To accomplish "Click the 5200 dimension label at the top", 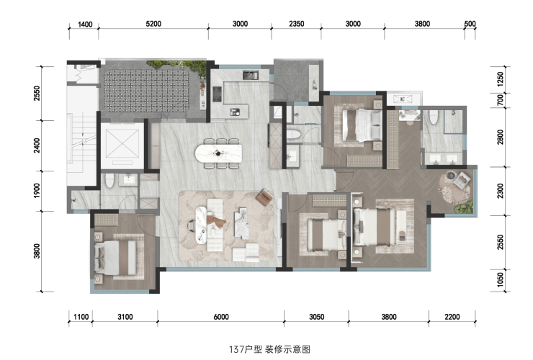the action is point(153,24).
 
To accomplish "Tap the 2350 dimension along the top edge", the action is point(297,24).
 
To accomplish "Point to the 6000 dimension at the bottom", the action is point(221,317).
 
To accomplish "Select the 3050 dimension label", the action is point(316,317).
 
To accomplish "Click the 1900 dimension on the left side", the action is point(37,191).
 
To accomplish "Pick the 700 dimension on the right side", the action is point(500,100).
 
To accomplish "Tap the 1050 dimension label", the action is point(500,280).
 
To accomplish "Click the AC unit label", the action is point(403,99).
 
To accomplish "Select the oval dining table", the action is point(218,153).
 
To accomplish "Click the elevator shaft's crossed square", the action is point(122,143).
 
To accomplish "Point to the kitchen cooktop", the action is point(218,94).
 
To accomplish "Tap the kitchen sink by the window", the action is point(251,74).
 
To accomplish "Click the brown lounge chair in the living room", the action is point(265,197).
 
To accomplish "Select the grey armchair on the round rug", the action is point(462,180).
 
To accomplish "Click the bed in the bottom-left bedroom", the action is point(115,257).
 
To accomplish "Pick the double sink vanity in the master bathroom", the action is point(442,158).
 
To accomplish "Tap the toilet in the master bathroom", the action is point(434,117).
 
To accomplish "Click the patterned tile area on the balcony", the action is point(146,91).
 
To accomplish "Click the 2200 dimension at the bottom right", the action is point(452,317).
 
